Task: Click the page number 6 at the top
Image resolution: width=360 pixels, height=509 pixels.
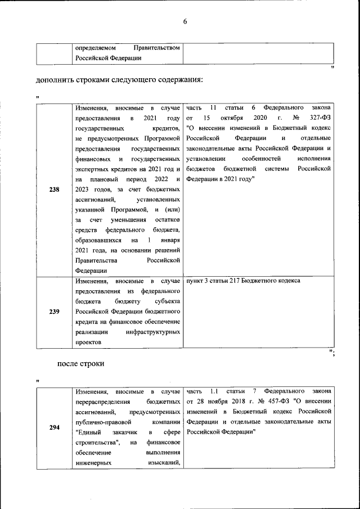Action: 184,22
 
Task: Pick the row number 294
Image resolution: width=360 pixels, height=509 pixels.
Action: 54,427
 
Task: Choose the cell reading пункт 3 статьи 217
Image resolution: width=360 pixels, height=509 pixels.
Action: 243,280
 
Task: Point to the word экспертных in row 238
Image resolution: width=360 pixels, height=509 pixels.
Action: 93,169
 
